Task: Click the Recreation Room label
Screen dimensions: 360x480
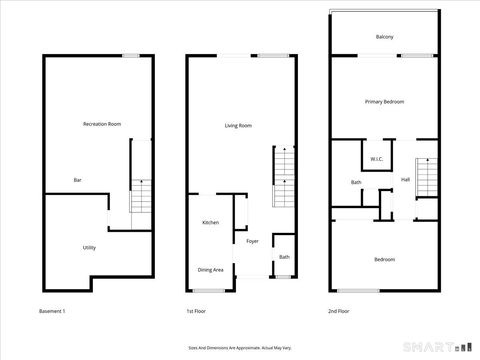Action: [x=102, y=123]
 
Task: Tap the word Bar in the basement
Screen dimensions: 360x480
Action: [x=77, y=180]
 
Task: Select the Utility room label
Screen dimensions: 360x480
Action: [x=89, y=247]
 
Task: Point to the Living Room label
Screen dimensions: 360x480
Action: [x=237, y=126]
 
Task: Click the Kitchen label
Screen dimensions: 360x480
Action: [x=211, y=222]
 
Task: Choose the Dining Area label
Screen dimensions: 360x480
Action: [x=210, y=269]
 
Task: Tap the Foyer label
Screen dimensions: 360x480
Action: [x=253, y=241]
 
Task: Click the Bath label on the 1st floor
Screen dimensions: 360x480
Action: [x=284, y=258]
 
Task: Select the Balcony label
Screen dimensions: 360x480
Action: [x=385, y=37]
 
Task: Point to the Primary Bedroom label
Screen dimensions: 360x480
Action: [x=384, y=102]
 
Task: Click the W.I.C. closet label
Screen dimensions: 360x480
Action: [x=377, y=159]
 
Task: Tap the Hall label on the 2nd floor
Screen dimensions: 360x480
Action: [x=405, y=180]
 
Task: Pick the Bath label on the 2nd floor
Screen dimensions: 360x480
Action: [x=356, y=182]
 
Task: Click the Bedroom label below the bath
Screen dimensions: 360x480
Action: [x=385, y=260]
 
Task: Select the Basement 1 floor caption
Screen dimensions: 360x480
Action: [x=52, y=312]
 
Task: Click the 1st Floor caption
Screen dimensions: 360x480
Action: [x=197, y=312]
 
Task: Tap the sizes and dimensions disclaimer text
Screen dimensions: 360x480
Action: [x=240, y=348]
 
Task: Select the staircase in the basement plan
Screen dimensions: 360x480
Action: [x=141, y=196]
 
